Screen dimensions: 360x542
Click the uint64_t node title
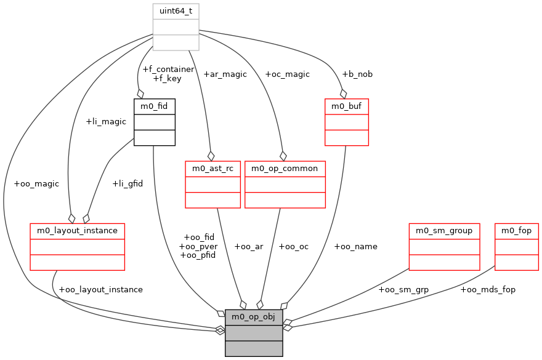176,11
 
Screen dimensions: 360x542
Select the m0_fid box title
154,106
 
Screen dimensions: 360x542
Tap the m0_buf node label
346,106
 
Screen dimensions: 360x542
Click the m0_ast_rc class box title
212,168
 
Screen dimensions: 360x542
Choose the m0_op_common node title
285,168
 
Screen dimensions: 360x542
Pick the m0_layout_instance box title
78,231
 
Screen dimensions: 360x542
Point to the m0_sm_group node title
444,231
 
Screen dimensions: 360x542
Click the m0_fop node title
517,231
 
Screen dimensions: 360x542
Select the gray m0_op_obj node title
254,317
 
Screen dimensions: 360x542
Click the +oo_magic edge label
36,183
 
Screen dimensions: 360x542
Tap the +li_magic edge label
106,121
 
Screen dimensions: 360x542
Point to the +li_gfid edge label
127,183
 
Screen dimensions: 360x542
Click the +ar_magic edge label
225,74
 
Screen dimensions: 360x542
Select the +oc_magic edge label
287,74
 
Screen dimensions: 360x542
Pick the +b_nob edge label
357,74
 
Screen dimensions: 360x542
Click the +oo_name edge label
355,246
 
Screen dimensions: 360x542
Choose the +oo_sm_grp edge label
403,289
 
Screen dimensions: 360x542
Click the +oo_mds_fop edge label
488,289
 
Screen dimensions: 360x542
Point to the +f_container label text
168,69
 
